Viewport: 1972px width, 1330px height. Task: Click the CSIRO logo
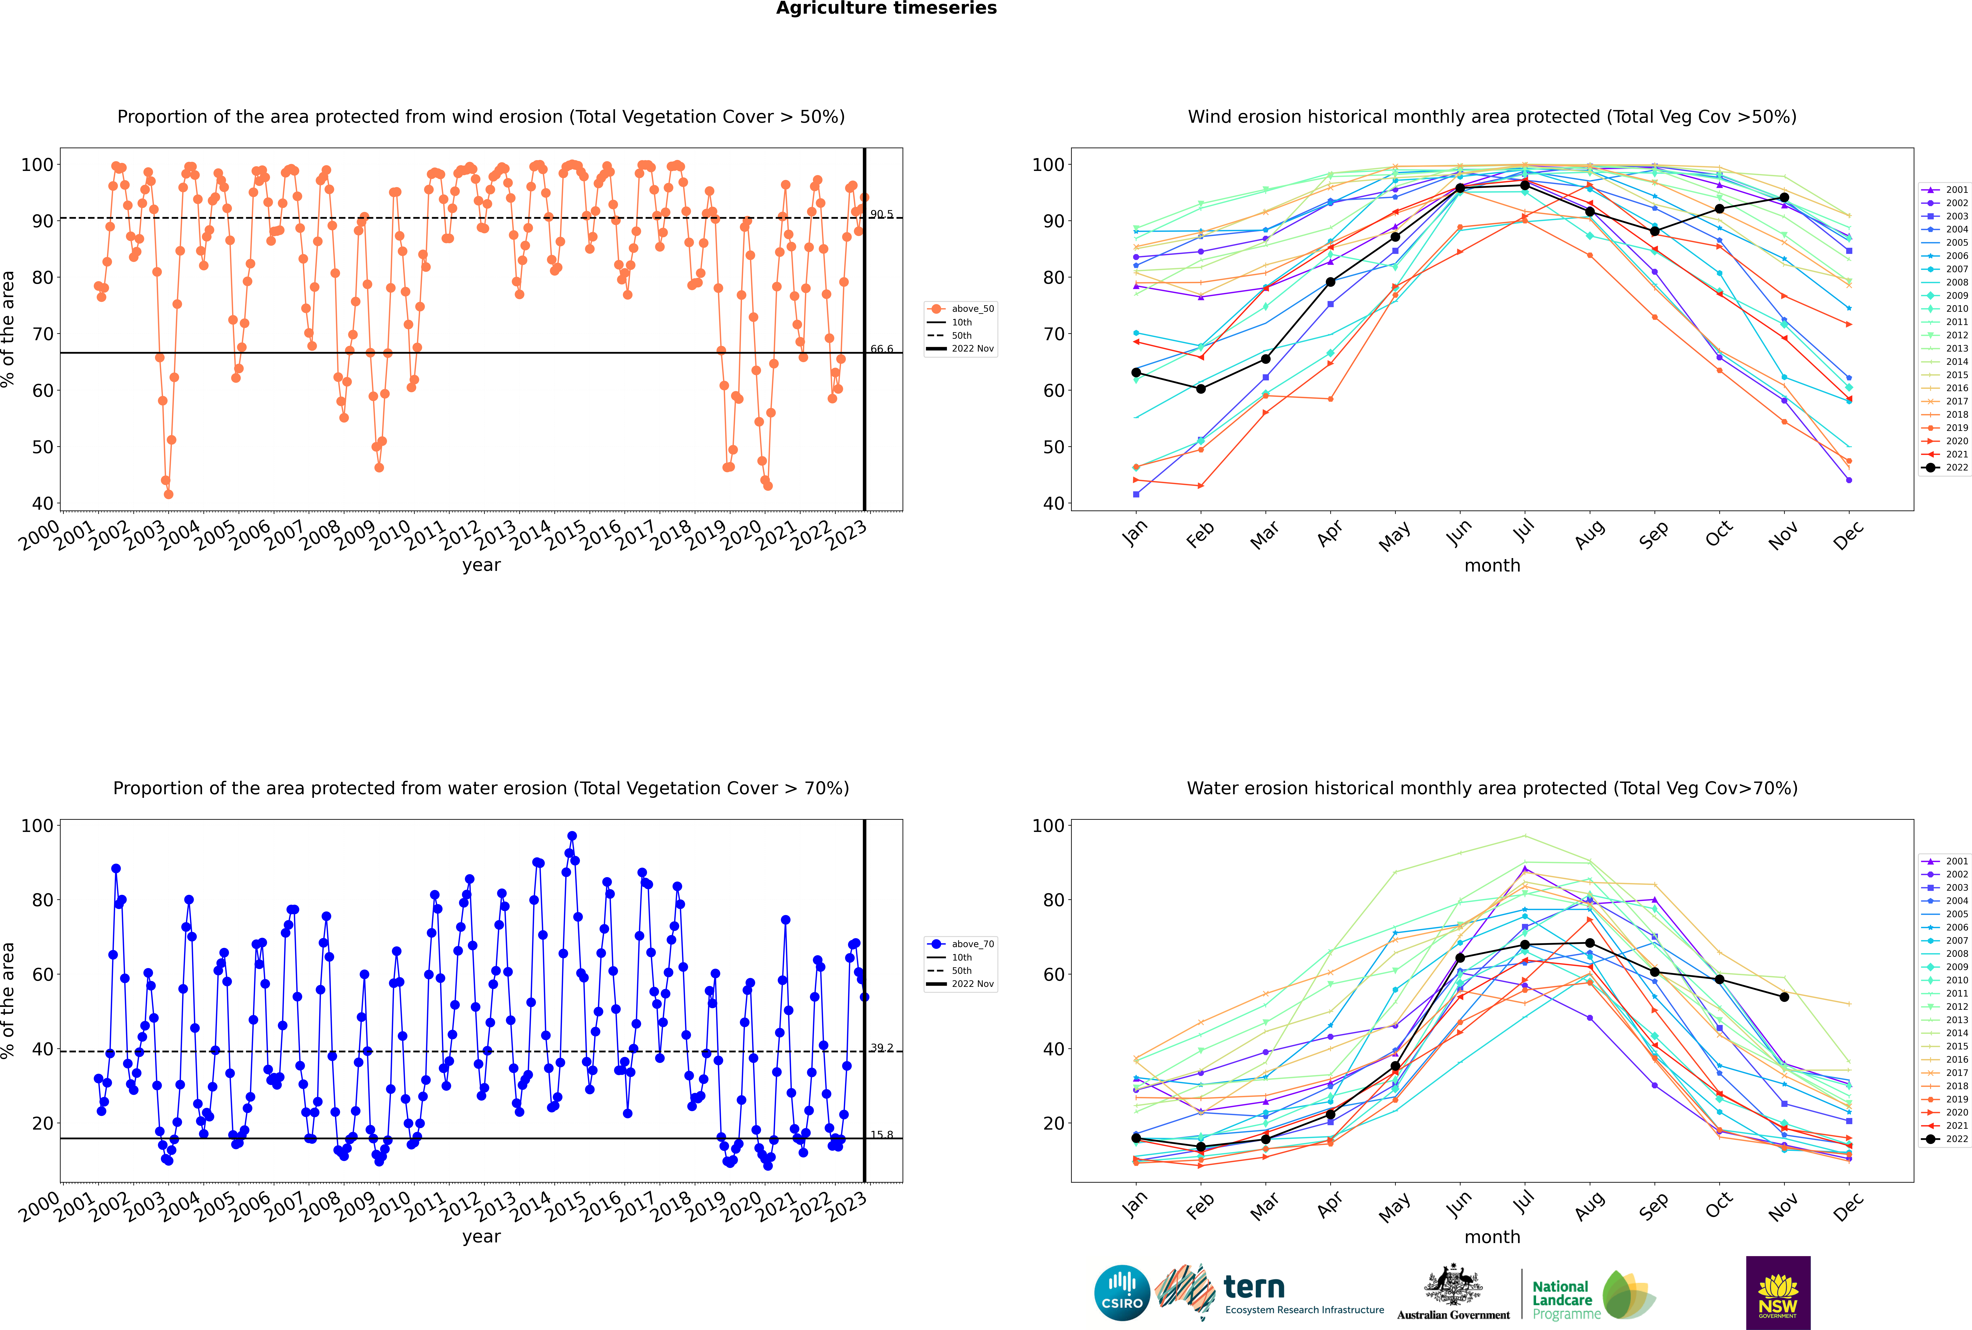coord(1122,1293)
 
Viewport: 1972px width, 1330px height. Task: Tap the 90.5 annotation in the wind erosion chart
coord(882,214)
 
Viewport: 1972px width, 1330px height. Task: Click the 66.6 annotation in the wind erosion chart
coord(882,349)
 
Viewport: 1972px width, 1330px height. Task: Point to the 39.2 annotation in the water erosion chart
coord(882,1048)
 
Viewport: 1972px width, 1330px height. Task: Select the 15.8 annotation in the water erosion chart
coord(882,1135)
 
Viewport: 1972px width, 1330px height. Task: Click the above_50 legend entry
coord(961,309)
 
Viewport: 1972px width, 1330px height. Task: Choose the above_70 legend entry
coord(961,944)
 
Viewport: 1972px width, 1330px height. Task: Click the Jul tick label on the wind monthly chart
coord(1523,531)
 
